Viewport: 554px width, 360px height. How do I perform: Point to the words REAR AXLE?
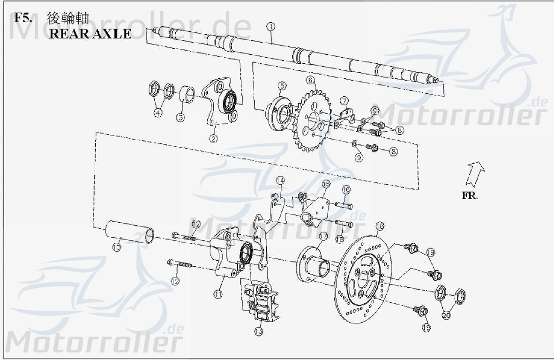(90, 34)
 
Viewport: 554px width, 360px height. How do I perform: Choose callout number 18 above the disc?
(380, 226)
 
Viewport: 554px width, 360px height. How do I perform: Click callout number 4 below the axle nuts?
(158, 113)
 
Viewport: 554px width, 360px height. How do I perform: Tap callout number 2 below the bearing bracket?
(213, 139)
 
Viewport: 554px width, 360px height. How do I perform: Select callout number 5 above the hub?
(281, 86)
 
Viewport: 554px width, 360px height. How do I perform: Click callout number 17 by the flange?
(323, 236)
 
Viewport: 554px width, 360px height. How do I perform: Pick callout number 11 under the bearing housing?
(218, 294)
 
